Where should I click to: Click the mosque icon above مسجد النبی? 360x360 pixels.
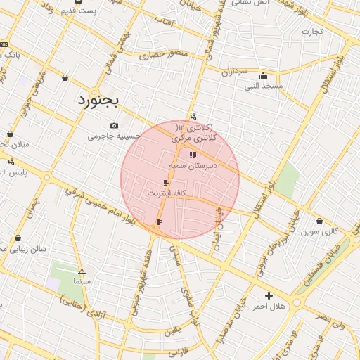pyautogui.click(x=264, y=76)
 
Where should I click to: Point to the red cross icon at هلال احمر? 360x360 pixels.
pyautogui.click(x=269, y=295)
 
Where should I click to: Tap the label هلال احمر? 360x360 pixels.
pyautogui.click(x=269, y=307)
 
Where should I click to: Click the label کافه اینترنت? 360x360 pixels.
pyautogui.click(x=166, y=192)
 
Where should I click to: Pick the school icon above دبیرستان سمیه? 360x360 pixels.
pyautogui.click(x=193, y=154)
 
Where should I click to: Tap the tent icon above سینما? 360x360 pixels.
pyautogui.click(x=82, y=271)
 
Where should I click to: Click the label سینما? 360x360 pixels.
pyautogui.click(x=82, y=281)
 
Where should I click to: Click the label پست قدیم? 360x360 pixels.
pyautogui.click(x=79, y=11)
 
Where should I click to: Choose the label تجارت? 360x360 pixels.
pyautogui.click(x=312, y=32)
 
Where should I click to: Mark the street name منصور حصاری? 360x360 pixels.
pyautogui.click(x=164, y=54)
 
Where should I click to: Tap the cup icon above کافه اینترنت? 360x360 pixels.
pyautogui.click(x=166, y=182)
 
